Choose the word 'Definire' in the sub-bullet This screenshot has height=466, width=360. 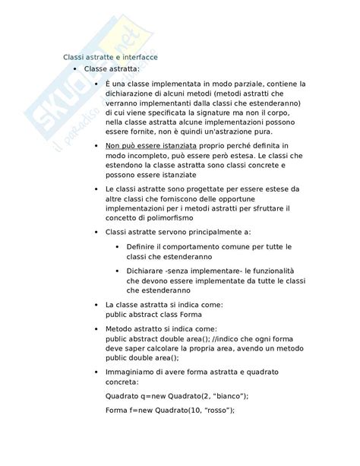tap(141, 247)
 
